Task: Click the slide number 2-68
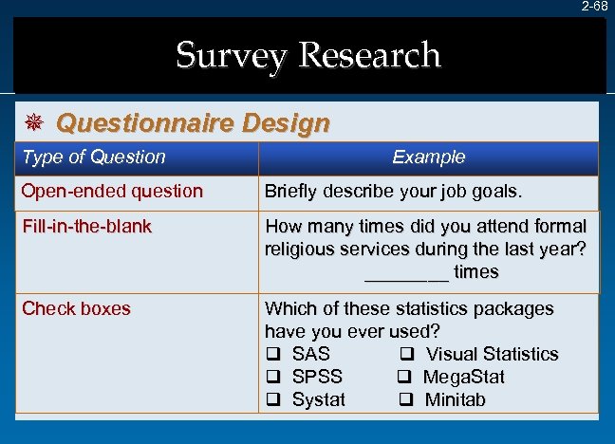[595, 7]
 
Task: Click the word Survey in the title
[230, 55]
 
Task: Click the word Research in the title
[369, 55]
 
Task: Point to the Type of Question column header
[94, 157]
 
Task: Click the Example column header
[429, 157]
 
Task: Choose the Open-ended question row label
[112, 192]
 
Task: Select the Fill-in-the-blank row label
[87, 227]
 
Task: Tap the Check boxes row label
[76, 309]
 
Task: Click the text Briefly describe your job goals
[393, 192]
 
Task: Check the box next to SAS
[271, 355]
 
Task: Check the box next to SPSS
[271, 378]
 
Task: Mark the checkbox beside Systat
[271, 400]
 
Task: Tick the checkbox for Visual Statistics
[404, 355]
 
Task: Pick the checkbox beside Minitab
[404, 400]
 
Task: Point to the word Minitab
[456, 400]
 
